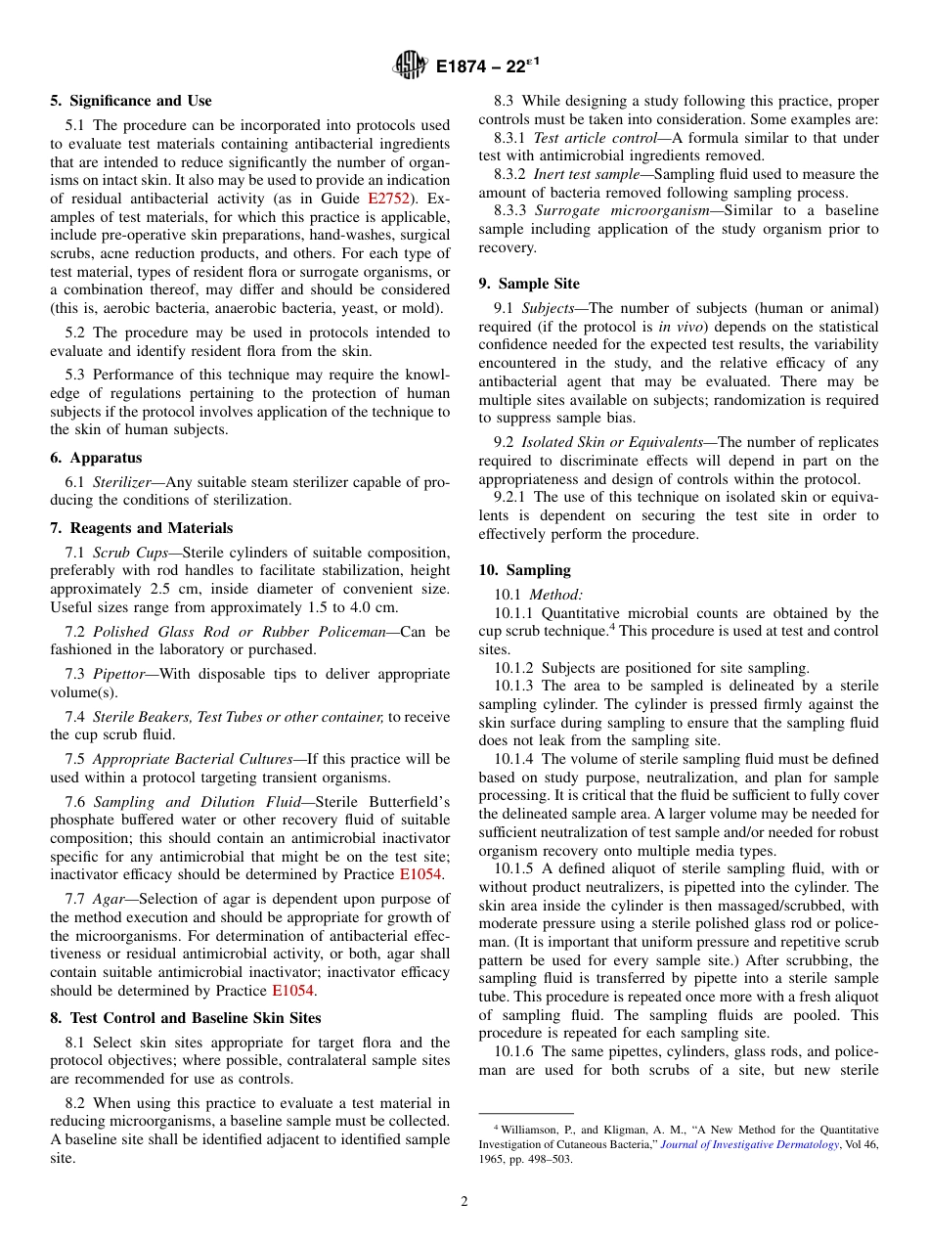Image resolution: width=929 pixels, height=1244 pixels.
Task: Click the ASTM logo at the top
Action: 410,66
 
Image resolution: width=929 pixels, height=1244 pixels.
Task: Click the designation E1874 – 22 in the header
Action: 488,67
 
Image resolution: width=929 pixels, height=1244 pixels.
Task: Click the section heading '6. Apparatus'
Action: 96,458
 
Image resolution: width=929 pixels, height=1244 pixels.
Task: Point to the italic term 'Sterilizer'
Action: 125,482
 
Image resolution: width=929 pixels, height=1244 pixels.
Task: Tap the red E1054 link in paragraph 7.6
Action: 420,874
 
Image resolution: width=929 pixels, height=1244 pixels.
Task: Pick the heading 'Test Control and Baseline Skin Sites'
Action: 186,1017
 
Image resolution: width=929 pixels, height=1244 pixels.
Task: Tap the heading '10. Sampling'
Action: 524,570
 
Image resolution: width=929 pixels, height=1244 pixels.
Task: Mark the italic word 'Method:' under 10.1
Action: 555,595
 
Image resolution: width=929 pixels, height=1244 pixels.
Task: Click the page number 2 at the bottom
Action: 464,1202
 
